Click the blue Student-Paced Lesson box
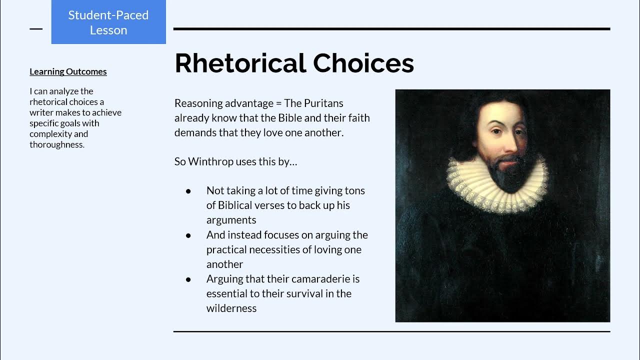click(108, 22)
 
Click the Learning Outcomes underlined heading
click(68, 71)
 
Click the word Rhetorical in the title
click(240, 63)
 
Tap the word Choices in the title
click(363, 63)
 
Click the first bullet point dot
click(188, 191)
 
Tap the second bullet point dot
click(188, 235)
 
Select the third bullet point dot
click(188, 279)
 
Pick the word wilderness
click(231, 308)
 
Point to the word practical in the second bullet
click(225, 249)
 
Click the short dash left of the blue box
click(36, 29)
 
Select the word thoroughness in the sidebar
click(56, 145)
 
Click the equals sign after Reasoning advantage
click(278, 103)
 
